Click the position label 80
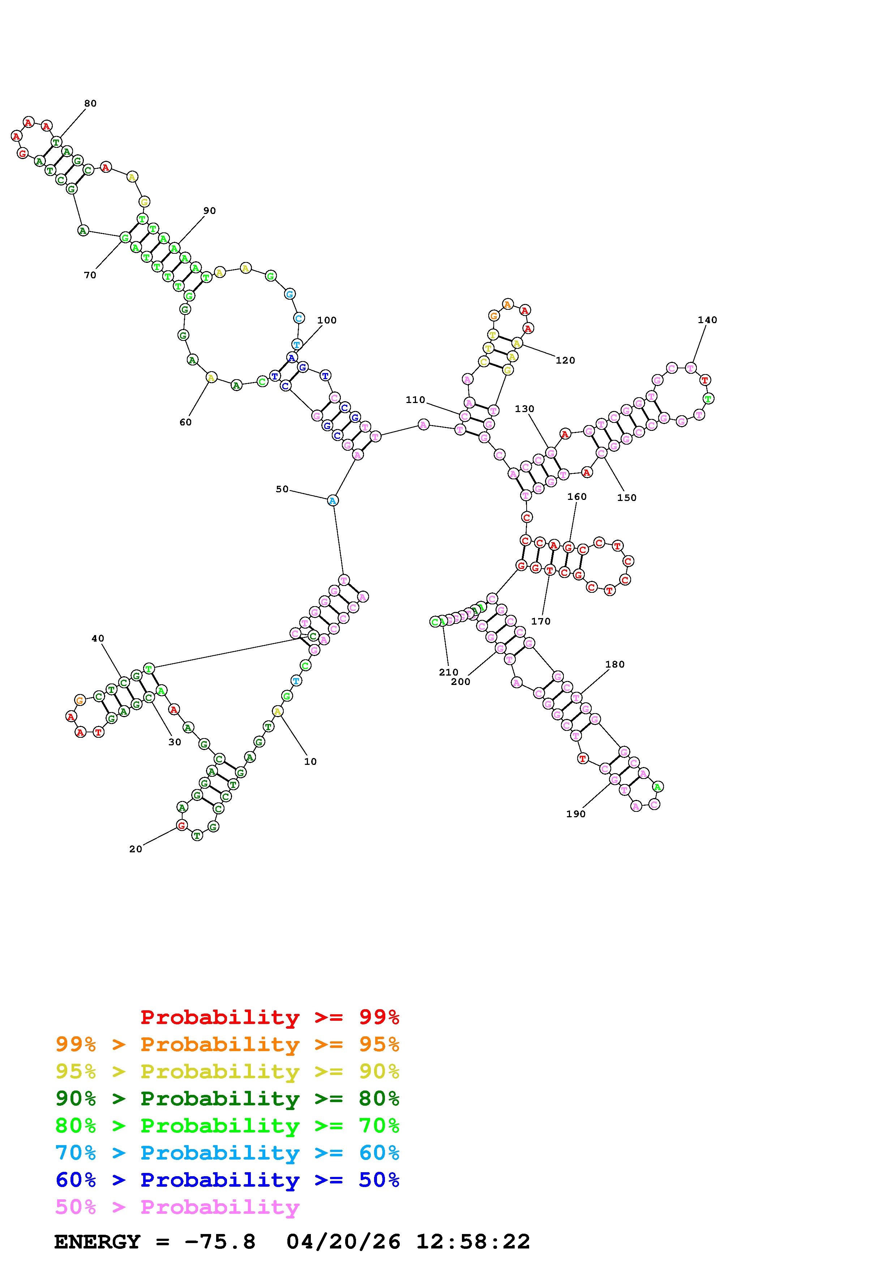pos(90,103)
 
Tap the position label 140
pos(707,320)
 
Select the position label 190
pos(575,814)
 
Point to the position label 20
pos(135,849)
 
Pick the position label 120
pos(565,360)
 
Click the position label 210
pos(448,672)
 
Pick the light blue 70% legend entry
pos(227,1153)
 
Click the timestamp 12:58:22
pos(472,1242)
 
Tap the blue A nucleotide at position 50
pos(333,500)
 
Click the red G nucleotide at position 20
pos(181,825)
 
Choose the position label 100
pos(326,320)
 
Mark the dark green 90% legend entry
pos(227,1098)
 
